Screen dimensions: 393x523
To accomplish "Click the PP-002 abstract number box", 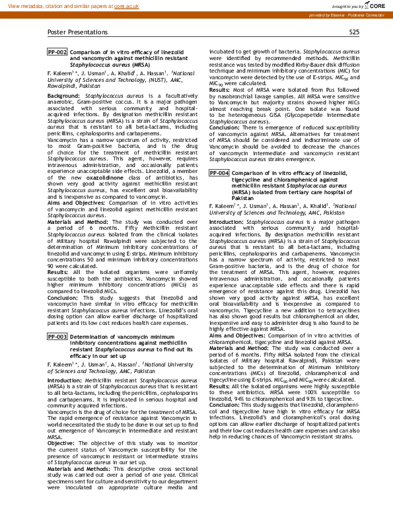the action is pos(57,52).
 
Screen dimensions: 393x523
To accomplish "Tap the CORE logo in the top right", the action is pos(378,5).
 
